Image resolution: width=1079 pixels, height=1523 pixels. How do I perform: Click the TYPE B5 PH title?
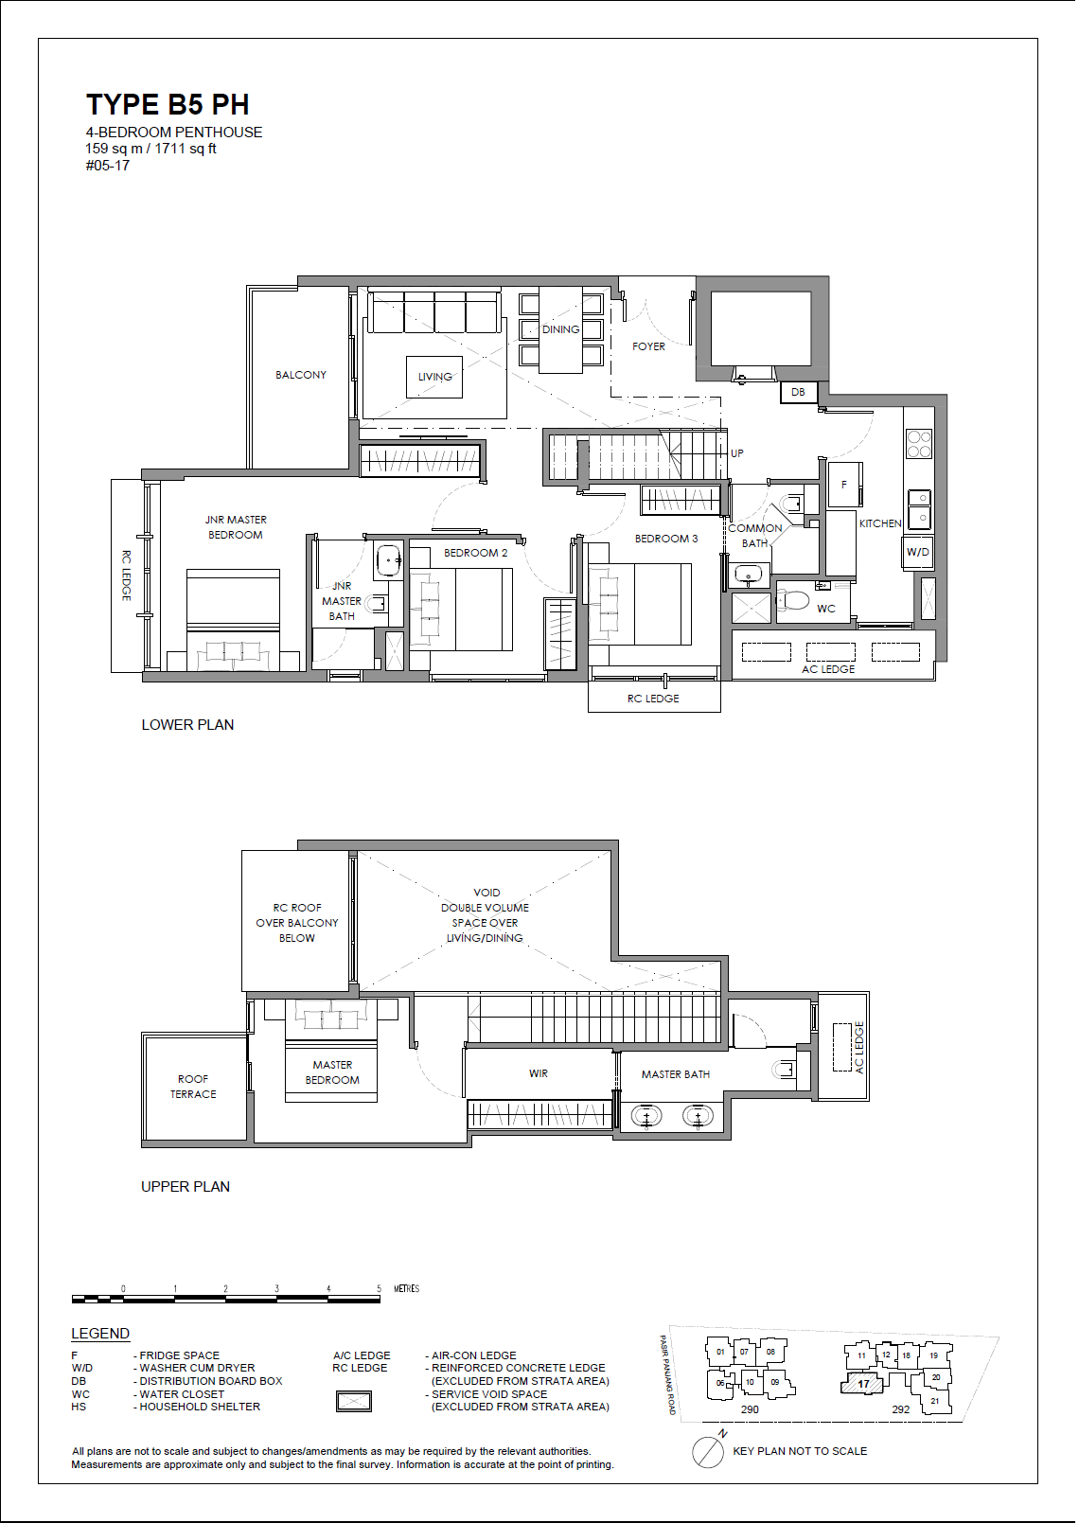click(168, 105)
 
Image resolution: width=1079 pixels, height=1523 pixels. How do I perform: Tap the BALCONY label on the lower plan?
click(301, 375)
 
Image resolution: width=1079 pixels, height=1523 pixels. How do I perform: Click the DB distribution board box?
click(798, 392)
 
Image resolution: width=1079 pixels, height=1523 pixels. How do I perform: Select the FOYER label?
click(648, 346)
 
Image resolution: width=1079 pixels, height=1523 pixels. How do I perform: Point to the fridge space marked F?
click(844, 485)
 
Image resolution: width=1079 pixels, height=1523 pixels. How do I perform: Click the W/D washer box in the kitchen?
click(918, 552)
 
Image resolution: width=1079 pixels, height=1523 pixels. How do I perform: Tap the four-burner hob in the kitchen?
click(919, 444)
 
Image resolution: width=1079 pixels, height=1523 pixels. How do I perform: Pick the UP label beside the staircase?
click(737, 452)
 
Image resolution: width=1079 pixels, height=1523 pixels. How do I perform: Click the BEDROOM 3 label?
click(666, 539)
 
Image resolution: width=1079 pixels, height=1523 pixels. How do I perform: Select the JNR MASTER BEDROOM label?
click(236, 527)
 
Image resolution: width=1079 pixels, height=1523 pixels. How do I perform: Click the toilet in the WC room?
click(793, 600)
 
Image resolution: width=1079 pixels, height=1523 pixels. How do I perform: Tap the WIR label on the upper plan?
click(538, 1072)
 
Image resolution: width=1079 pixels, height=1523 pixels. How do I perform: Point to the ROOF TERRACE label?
click(193, 1086)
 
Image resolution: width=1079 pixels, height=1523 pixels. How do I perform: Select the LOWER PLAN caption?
click(187, 725)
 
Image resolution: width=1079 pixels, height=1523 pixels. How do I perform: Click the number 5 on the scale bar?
click(380, 1288)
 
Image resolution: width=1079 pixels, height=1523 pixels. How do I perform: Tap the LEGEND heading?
click(100, 1334)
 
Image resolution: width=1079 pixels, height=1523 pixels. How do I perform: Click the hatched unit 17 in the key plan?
click(862, 1383)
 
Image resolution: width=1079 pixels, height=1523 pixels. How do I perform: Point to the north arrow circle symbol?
click(707, 1453)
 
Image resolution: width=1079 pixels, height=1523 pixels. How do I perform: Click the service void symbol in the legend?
click(354, 1401)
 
